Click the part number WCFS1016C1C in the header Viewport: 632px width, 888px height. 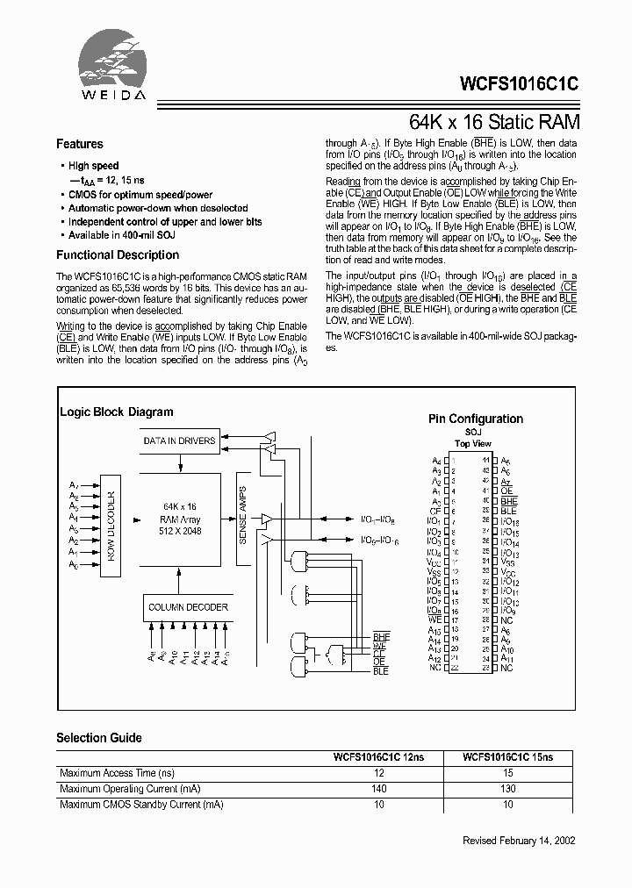[519, 85]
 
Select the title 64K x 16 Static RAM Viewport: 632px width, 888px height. [494, 122]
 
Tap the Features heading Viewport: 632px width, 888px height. [80, 144]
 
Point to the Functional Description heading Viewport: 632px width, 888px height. [118, 255]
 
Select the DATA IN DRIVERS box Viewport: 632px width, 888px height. [180, 441]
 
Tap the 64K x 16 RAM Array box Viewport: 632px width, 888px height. [180, 519]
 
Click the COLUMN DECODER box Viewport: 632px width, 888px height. [188, 607]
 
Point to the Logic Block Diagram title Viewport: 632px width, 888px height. [116, 412]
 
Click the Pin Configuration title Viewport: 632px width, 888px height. [475, 419]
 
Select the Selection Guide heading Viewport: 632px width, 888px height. [98, 738]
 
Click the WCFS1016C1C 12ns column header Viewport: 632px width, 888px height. [379, 757]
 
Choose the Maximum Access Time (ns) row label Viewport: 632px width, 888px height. [117, 773]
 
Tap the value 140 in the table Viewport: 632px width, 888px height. [379, 789]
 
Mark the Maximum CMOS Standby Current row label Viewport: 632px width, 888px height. [140, 805]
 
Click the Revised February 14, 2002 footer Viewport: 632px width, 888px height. [519, 841]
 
